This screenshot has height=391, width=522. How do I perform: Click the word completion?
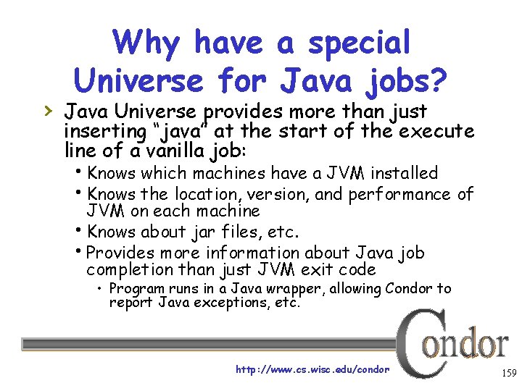pos(129,270)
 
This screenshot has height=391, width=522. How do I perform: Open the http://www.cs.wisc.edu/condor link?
pos(312,369)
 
